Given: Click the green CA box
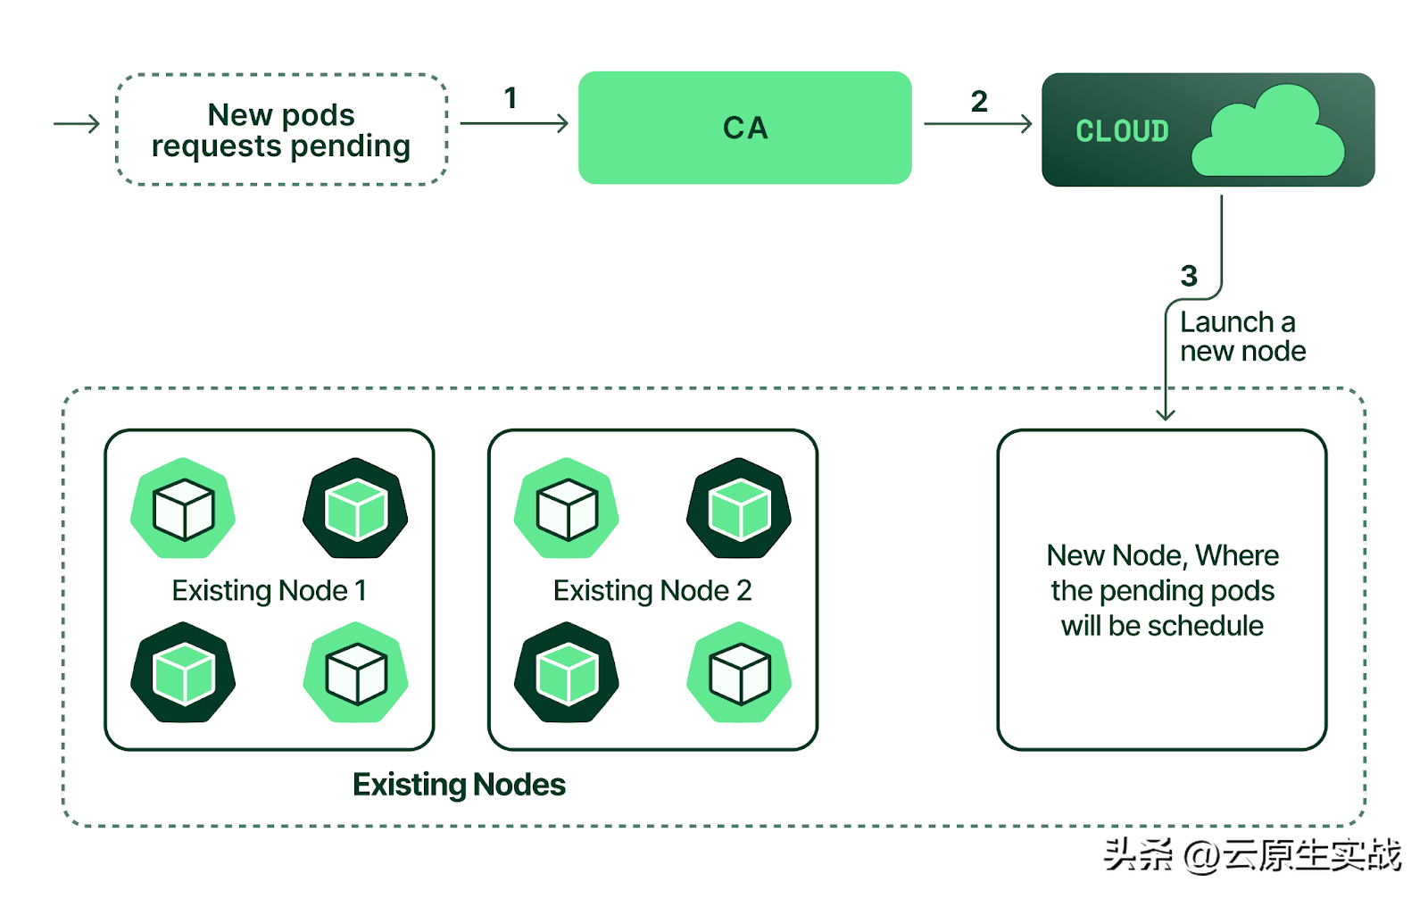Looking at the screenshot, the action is (744, 128).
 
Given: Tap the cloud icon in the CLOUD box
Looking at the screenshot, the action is (1268, 130).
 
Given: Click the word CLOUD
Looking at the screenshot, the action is (1122, 131).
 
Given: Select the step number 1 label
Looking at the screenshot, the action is (510, 98).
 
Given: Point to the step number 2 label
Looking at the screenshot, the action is (979, 102).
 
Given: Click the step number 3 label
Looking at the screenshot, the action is (1189, 276).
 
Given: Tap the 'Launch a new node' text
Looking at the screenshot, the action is (1242, 337).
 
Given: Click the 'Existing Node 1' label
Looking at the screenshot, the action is (269, 591).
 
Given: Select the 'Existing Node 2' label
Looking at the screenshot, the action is (652, 591).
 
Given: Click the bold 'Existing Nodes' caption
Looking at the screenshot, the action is (459, 785).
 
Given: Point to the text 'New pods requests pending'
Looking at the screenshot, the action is (281, 130).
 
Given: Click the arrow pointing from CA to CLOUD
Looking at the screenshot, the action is (978, 124).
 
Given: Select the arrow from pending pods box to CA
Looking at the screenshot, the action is (514, 123).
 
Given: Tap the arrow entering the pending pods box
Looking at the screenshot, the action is (77, 124).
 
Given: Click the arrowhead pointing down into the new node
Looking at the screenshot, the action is (1166, 414).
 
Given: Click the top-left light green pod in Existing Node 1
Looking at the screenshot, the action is (183, 508).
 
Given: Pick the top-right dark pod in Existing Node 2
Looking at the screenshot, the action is (739, 508).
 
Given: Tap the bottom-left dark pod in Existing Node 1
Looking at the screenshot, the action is (183, 672).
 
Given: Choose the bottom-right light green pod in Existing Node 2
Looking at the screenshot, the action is (739, 672).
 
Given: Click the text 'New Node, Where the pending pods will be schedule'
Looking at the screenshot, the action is (1162, 590).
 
